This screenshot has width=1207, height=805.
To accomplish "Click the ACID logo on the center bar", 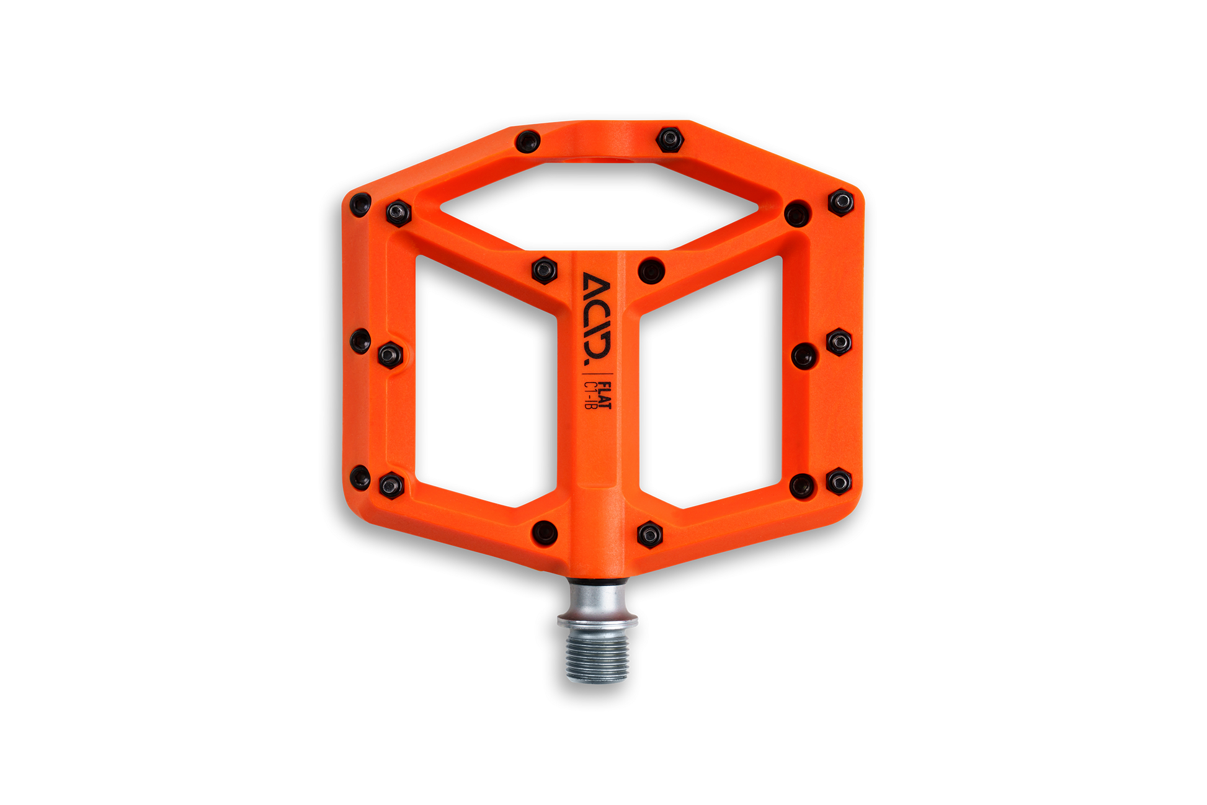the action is tap(596, 319).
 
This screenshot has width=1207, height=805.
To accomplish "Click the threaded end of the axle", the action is tap(597, 658).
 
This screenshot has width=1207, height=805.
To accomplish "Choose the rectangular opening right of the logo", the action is tap(711, 381).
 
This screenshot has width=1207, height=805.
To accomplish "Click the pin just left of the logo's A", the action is tap(544, 270).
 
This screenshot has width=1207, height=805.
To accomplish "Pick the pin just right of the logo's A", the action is tap(651, 270).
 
